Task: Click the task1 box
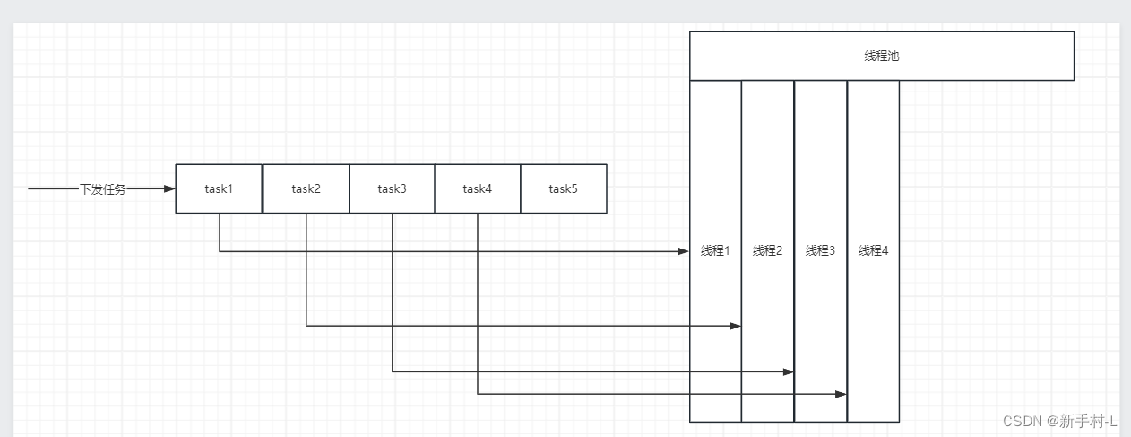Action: click(x=219, y=188)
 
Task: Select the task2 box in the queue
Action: click(x=306, y=188)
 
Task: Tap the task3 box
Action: click(x=392, y=188)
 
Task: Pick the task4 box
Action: click(x=477, y=188)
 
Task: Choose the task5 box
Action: click(x=563, y=188)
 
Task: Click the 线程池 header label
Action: click(x=881, y=56)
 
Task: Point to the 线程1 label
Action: click(x=715, y=250)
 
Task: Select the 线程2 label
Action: click(x=767, y=250)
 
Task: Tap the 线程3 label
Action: click(x=820, y=250)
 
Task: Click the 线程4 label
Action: click(x=873, y=250)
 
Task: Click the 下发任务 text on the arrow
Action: click(x=103, y=189)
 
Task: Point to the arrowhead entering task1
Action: click(x=170, y=189)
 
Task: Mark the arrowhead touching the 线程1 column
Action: click(x=684, y=251)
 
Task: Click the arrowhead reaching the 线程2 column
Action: click(x=736, y=326)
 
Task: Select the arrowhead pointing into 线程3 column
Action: click(x=789, y=371)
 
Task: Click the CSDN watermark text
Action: click(x=1060, y=421)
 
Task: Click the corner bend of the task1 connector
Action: click(x=220, y=251)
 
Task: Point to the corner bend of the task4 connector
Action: click(x=478, y=394)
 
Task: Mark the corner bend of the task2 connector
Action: click(x=306, y=326)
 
